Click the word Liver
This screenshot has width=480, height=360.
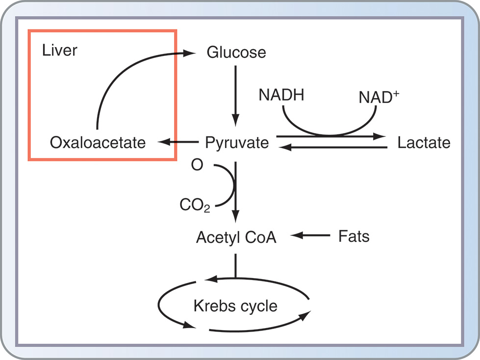59,50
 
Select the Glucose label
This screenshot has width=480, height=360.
236,52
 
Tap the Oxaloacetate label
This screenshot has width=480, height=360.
98,143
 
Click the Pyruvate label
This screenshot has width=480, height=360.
237,143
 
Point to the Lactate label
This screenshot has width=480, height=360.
424,143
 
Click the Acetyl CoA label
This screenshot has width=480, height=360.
236,237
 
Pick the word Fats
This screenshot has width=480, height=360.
354,236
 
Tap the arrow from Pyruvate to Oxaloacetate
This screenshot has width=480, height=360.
177,143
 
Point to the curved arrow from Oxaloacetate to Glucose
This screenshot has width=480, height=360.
118,74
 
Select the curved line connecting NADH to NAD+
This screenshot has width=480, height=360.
329,131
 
